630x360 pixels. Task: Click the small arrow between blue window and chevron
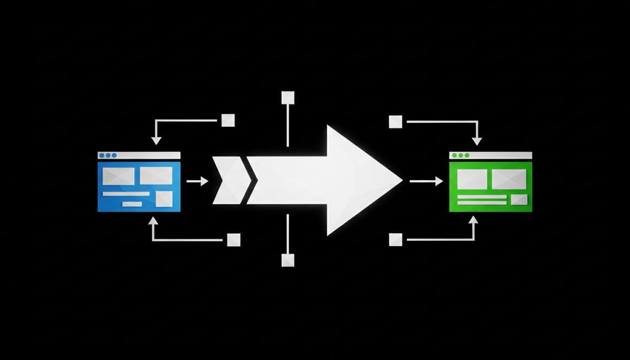click(197, 181)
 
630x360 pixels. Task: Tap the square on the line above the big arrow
click(287, 97)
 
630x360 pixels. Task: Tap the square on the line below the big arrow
click(287, 260)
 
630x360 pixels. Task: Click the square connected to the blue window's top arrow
click(228, 120)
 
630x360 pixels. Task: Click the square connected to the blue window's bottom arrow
click(233, 240)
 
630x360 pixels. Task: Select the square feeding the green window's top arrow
click(396, 121)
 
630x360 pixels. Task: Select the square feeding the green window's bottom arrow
click(396, 240)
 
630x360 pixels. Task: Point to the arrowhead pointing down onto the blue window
click(156, 140)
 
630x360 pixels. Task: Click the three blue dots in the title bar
click(108, 155)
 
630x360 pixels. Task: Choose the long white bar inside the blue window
click(126, 194)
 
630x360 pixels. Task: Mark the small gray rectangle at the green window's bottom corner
click(519, 200)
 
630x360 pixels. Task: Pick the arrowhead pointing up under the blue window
click(153, 220)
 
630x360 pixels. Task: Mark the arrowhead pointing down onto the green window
click(477, 141)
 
